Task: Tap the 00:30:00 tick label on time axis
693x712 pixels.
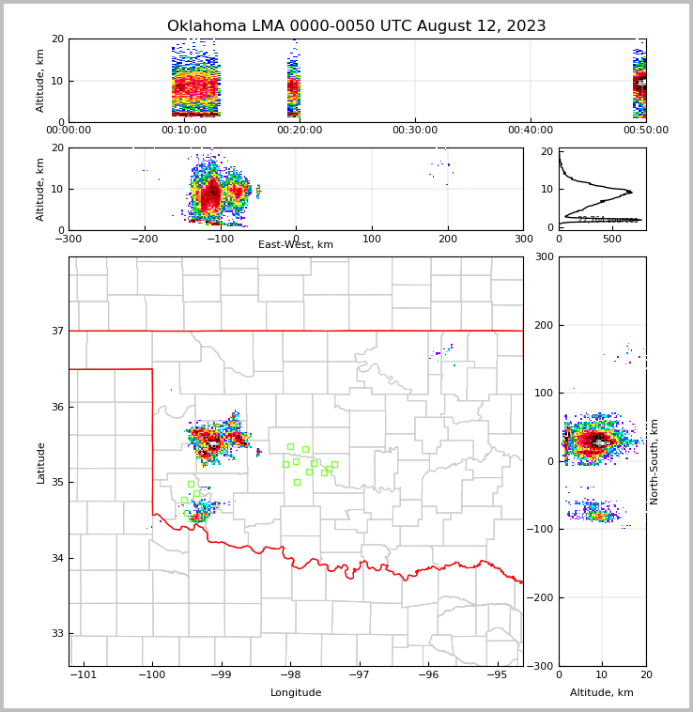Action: coord(415,131)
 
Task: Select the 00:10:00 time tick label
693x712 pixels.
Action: coord(184,131)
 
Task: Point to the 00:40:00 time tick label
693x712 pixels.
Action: coord(531,131)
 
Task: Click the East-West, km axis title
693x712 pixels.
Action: coord(296,245)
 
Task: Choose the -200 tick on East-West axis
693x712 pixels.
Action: coord(144,237)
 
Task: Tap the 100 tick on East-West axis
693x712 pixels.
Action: coord(372,237)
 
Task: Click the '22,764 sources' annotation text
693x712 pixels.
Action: coord(608,220)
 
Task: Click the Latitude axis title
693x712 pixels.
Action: coord(41,462)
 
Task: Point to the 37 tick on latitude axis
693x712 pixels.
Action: coord(57,331)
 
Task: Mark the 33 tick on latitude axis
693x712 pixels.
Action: coord(57,634)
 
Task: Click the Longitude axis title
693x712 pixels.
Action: coord(296,693)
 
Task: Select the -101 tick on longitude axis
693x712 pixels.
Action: coord(84,674)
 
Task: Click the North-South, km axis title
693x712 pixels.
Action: coord(654,461)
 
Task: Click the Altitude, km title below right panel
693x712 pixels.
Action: coord(602,693)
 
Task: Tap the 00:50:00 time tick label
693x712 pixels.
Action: coord(646,131)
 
